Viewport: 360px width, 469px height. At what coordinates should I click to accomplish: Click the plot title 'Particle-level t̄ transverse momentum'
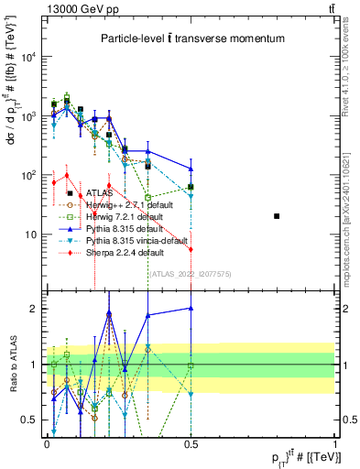coord(191,38)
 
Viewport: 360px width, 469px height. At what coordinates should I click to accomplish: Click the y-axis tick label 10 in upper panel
coord(31,234)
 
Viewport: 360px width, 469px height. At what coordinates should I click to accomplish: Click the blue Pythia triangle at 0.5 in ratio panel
coord(191,309)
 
